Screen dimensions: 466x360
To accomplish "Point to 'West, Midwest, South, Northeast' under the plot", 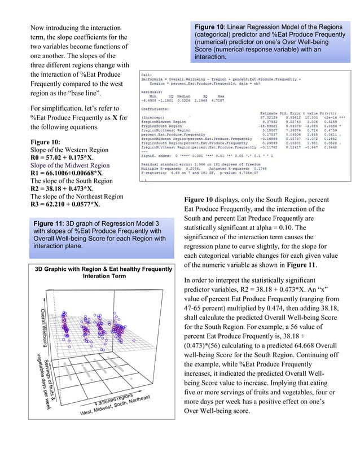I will pyautogui.click(x=115, y=414).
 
